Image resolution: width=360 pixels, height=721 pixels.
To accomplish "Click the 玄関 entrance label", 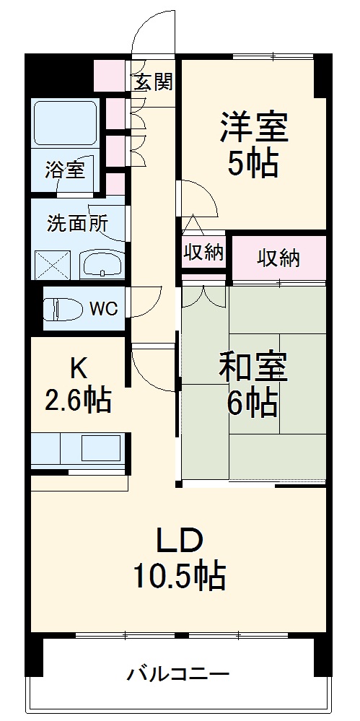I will [x=154, y=82].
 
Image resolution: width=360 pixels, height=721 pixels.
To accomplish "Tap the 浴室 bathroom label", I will [x=65, y=170].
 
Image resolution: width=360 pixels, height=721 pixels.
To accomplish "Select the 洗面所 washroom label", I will [x=77, y=223].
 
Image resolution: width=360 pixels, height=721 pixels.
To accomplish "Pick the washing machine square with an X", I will [x=51, y=264].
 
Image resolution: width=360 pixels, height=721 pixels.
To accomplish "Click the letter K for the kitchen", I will [x=78, y=368].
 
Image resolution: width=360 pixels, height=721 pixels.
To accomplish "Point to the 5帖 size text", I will [x=253, y=165].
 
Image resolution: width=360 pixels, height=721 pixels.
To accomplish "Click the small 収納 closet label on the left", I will [x=203, y=253].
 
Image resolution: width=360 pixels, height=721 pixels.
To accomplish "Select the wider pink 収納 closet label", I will [x=279, y=258].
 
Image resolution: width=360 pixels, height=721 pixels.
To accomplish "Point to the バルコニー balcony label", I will [x=179, y=675].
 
